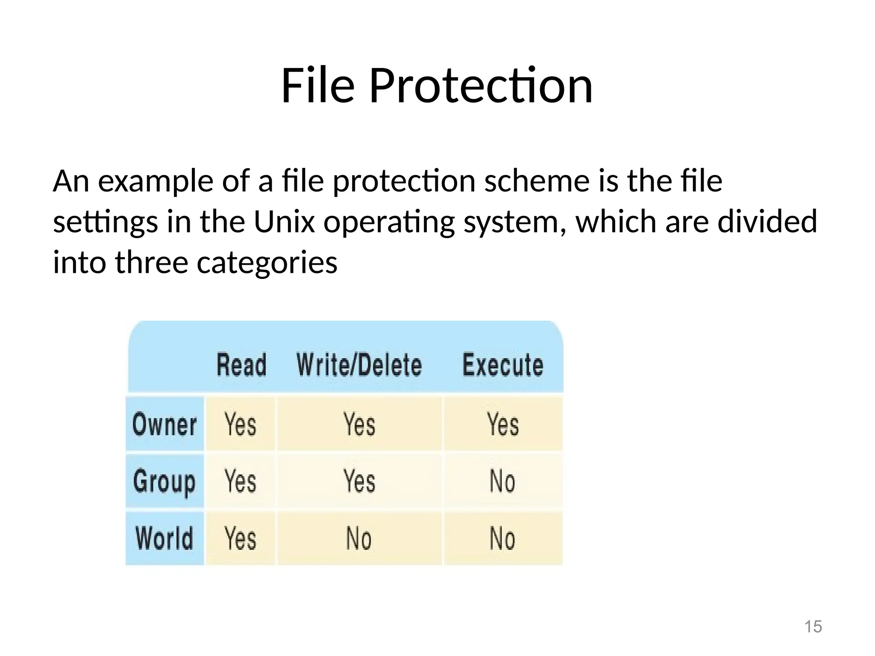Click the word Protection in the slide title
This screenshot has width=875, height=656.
[x=481, y=86]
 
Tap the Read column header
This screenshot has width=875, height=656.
[x=241, y=365]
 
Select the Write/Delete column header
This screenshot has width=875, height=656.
[x=359, y=365]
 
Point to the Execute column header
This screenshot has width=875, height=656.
[x=503, y=365]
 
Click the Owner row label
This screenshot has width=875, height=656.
[x=164, y=424]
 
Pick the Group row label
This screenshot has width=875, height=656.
[x=164, y=482]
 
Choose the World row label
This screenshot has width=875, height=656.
[x=164, y=538]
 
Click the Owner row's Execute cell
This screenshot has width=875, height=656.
[x=503, y=424]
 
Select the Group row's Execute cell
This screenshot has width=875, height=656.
[x=502, y=481]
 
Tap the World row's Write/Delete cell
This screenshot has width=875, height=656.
[x=359, y=538]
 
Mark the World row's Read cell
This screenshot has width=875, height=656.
[x=241, y=538]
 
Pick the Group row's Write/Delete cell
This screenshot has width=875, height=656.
[x=359, y=481]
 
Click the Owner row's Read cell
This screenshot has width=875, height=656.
[x=241, y=424]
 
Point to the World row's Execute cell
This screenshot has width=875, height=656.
[x=502, y=538]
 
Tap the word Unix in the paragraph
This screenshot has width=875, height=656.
[x=284, y=222]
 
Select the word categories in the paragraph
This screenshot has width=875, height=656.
[x=267, y=262]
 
